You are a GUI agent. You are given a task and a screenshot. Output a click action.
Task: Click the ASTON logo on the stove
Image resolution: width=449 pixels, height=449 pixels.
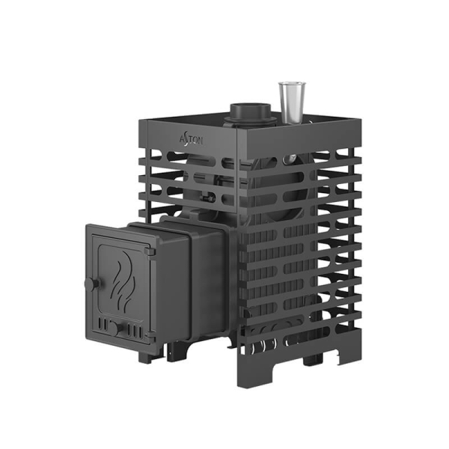click(192, 140)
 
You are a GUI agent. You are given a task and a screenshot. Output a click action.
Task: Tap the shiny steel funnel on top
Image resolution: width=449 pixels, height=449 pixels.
click(292, 103)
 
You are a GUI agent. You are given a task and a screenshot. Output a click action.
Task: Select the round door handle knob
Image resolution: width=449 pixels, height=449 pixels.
click(91, 284)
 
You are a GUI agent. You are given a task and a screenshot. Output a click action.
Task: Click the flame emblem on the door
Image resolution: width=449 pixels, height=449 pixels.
click(122, 282)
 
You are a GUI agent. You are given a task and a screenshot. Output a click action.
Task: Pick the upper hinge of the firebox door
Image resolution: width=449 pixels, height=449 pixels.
click(150, 252)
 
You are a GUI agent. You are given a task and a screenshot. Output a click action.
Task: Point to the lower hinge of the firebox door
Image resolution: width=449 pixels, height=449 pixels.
click(150, 335)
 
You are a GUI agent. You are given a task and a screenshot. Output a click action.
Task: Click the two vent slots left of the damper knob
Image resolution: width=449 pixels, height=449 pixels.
click(103, 323)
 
